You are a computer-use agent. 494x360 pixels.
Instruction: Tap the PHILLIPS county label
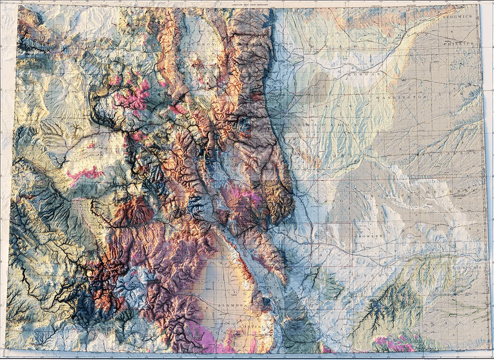tap(459, 44)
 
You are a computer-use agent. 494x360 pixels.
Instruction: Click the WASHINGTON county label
tap(402, 97)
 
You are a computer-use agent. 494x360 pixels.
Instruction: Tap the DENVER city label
tap(285, 116)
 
